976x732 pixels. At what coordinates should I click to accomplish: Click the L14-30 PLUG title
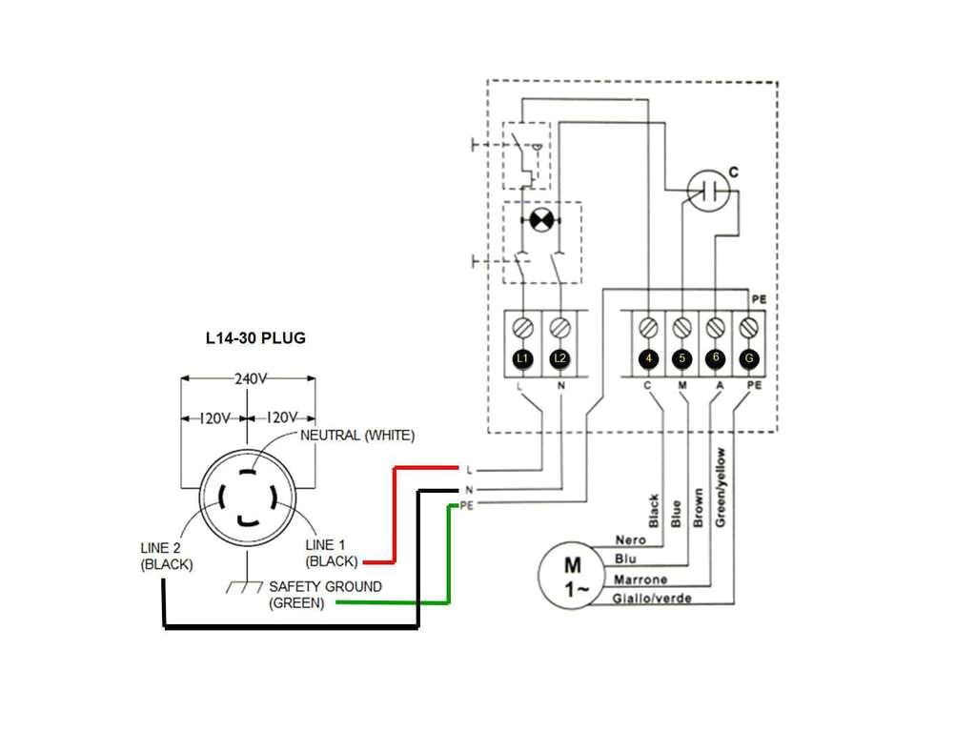click(255, 338)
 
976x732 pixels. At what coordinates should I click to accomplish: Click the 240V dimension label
click(249, 378)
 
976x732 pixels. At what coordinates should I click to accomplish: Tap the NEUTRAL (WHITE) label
click(357, 436)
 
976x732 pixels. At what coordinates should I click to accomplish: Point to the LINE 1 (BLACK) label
click(331, 553)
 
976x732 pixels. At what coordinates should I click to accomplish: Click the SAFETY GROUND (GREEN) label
click(325, 595)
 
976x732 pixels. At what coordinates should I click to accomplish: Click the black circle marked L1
click(521, 358)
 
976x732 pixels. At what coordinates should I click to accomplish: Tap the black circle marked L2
click(560, 358)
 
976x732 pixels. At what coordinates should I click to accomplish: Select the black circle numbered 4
click(649, 358)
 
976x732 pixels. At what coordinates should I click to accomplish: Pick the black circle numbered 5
click(681, 358)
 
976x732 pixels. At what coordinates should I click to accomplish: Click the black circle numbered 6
click(716, 358)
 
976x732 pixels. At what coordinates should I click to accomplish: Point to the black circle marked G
click(749, 358)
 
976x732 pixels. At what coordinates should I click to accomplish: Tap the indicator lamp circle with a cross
click(540, 220)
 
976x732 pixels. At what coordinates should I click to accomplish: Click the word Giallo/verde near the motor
click(653, 599)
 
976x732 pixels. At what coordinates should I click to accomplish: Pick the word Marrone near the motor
click(640, 579)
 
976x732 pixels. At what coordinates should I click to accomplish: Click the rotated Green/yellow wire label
click(722, 486)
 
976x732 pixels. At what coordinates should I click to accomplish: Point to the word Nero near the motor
click(630, 540)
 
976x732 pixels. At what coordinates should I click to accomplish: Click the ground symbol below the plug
click(244, 584)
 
